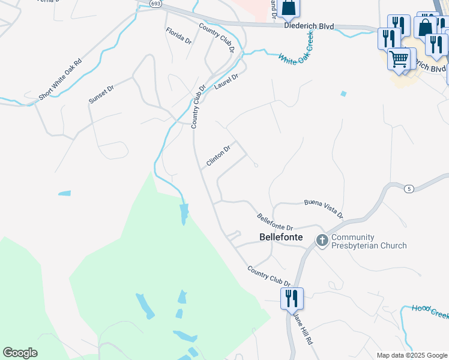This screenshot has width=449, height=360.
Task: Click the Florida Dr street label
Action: pyautogui.click(x=178, y=36)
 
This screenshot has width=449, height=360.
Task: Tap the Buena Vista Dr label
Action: pyautogui.click(x=324, y=208)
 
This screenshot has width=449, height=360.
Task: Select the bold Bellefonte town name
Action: pyautogui.click(x=279, y=237)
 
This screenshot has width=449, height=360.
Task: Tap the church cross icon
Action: pyautogui.click(x=322, y=241)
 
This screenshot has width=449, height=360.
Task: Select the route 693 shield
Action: pyautogui.click(x=156, y=4)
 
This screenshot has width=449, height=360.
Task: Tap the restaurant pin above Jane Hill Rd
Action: pyautogui.click(x=292, y=298)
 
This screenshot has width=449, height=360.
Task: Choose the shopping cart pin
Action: pyautogui.click(x=399, y=60)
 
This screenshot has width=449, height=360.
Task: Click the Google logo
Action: pyautogui.click(x=20, y=353)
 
